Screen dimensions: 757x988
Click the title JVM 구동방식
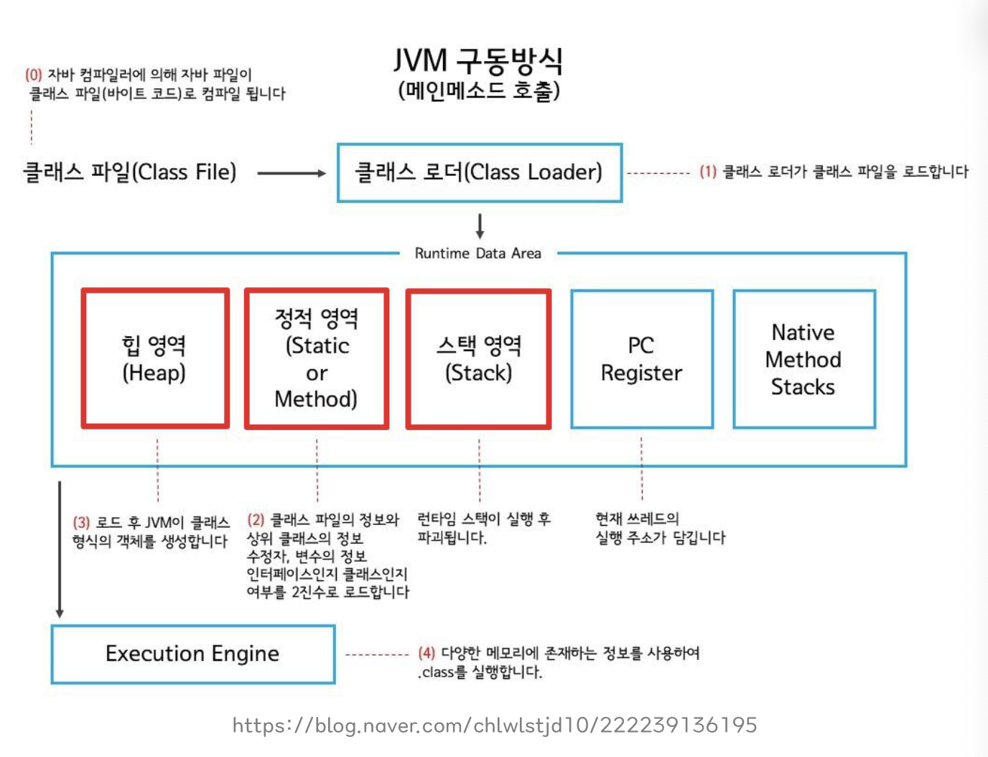[478, 61]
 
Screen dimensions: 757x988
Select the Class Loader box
[479, 172]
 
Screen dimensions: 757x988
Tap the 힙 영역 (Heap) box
[155, 358]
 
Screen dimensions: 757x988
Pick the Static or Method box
[317, 358]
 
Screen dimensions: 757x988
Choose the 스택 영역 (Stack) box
[478, 358]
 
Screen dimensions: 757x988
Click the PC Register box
[642, 358]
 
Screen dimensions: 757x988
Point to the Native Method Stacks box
[803, 358]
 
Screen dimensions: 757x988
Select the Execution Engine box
[192, 654]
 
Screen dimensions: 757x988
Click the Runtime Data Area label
[478, 254]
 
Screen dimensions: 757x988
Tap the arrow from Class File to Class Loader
[291, 173]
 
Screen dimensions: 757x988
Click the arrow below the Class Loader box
[480, 226]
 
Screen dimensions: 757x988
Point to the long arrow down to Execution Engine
[60, 549]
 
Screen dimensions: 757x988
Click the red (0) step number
[34, 75]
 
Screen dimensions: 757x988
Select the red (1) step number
[708, 172]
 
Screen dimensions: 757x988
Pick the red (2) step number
[256, 520]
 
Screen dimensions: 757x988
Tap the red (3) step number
[81, 523]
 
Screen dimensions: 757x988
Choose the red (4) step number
[427, 653]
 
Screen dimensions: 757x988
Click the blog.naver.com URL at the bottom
[495, 725]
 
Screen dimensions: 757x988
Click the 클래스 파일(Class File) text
[130, 172]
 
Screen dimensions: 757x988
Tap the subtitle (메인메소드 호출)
[479, 91]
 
